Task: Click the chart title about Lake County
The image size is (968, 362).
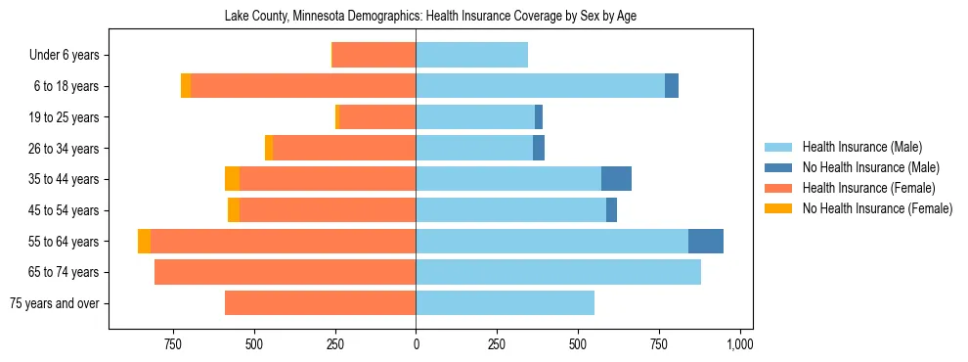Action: point(430,17)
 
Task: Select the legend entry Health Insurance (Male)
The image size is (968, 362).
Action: point(861,147)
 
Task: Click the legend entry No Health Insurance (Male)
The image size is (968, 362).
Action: point(870,167)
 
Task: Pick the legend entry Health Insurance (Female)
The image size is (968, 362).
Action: point(868,188)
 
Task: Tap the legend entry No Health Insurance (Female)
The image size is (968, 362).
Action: point(877,208)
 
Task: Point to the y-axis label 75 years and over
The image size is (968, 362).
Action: point(54,303)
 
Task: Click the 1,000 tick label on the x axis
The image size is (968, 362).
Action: point(739,344)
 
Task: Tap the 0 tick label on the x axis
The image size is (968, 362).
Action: point(416,344)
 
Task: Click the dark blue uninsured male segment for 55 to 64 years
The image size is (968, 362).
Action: point(706,241)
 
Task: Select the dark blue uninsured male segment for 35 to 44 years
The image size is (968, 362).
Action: point(616,179)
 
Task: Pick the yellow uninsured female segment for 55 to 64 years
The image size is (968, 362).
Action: point(144,241)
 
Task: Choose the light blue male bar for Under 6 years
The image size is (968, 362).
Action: point(471,55)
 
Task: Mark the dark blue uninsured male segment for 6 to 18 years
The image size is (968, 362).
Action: point(672,86)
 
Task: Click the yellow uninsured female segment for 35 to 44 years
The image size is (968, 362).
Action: point(232,179)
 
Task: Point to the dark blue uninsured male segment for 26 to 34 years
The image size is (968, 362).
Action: point(539,148)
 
